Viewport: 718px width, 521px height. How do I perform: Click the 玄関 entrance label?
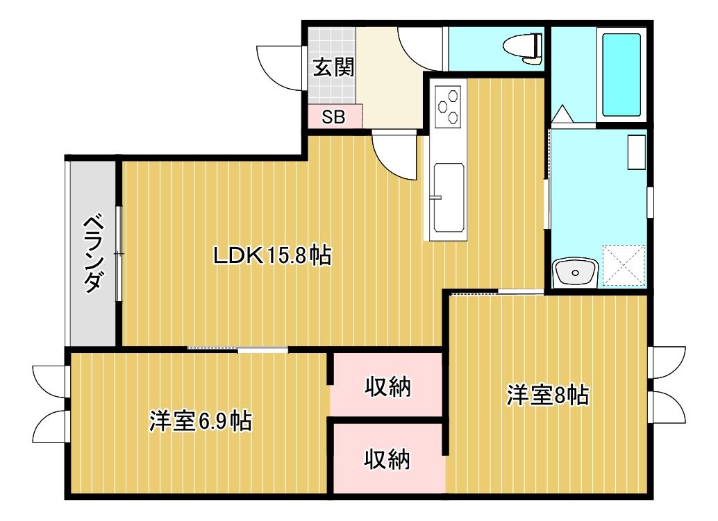coord(333,69)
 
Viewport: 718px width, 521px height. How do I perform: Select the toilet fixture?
coord(522,46)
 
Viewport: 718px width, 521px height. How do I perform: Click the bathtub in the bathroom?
coord(621,74)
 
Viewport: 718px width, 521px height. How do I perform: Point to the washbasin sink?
coord(575,273)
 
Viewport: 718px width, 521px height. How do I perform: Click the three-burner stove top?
coord(448,107)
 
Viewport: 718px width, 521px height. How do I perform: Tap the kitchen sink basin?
coord(449,198)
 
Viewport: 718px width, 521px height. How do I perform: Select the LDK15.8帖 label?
coord(272,256)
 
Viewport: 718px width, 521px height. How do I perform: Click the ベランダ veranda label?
coord(93,253)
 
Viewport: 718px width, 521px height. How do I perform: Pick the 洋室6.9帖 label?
coord(200,421)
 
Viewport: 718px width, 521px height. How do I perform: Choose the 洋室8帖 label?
coord(548,395)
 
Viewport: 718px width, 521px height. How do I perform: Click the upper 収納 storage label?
coord(387,387)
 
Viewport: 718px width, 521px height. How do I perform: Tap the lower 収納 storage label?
coord(387,459)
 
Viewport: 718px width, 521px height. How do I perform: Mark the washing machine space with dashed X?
coord(624,266)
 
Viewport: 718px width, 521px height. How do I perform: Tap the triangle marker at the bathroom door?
coord(562,114)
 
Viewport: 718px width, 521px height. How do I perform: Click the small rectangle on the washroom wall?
coord(637,152)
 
